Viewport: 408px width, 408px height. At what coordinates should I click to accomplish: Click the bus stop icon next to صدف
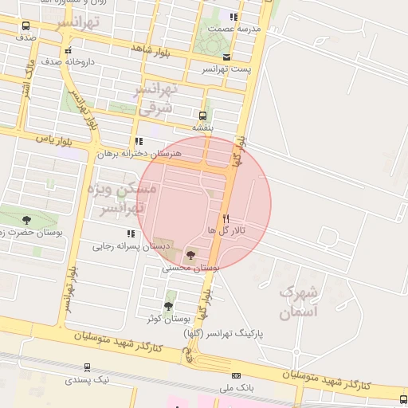click(25, 26)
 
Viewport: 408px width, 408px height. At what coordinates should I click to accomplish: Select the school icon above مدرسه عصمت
click(233, 17)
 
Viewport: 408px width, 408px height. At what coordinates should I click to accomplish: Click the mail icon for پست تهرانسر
click(227, 57)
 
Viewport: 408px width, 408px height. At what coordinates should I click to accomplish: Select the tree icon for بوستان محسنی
click(190, 255)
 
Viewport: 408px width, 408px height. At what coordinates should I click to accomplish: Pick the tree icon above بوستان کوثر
click(167, 305)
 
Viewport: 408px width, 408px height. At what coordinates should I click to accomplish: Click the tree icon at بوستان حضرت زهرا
click(26, 219)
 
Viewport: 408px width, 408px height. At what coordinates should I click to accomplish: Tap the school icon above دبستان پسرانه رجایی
click(130, 233)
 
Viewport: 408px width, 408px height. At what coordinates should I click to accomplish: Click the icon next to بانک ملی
click(236, 375)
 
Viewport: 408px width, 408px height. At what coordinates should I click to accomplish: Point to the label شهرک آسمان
click(299, 300)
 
